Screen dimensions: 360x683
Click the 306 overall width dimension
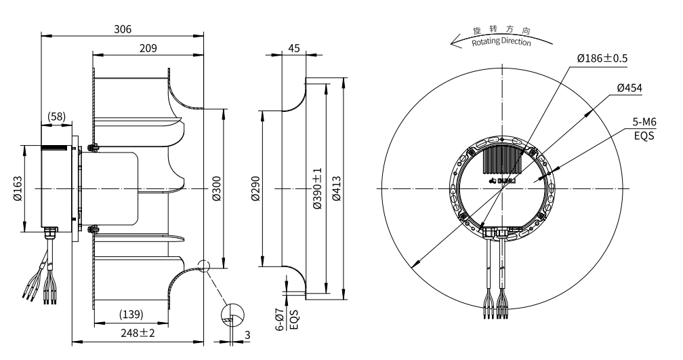tap(123, 29)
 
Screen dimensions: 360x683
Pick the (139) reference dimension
tap(130, 315)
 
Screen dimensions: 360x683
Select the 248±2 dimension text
tap(138, 333)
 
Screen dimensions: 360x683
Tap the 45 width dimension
tap(293, 48)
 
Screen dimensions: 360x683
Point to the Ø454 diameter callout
tap(629, 88)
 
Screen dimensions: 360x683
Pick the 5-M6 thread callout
tap(644, 121)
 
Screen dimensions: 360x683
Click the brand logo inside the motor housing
tap(502, 181)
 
